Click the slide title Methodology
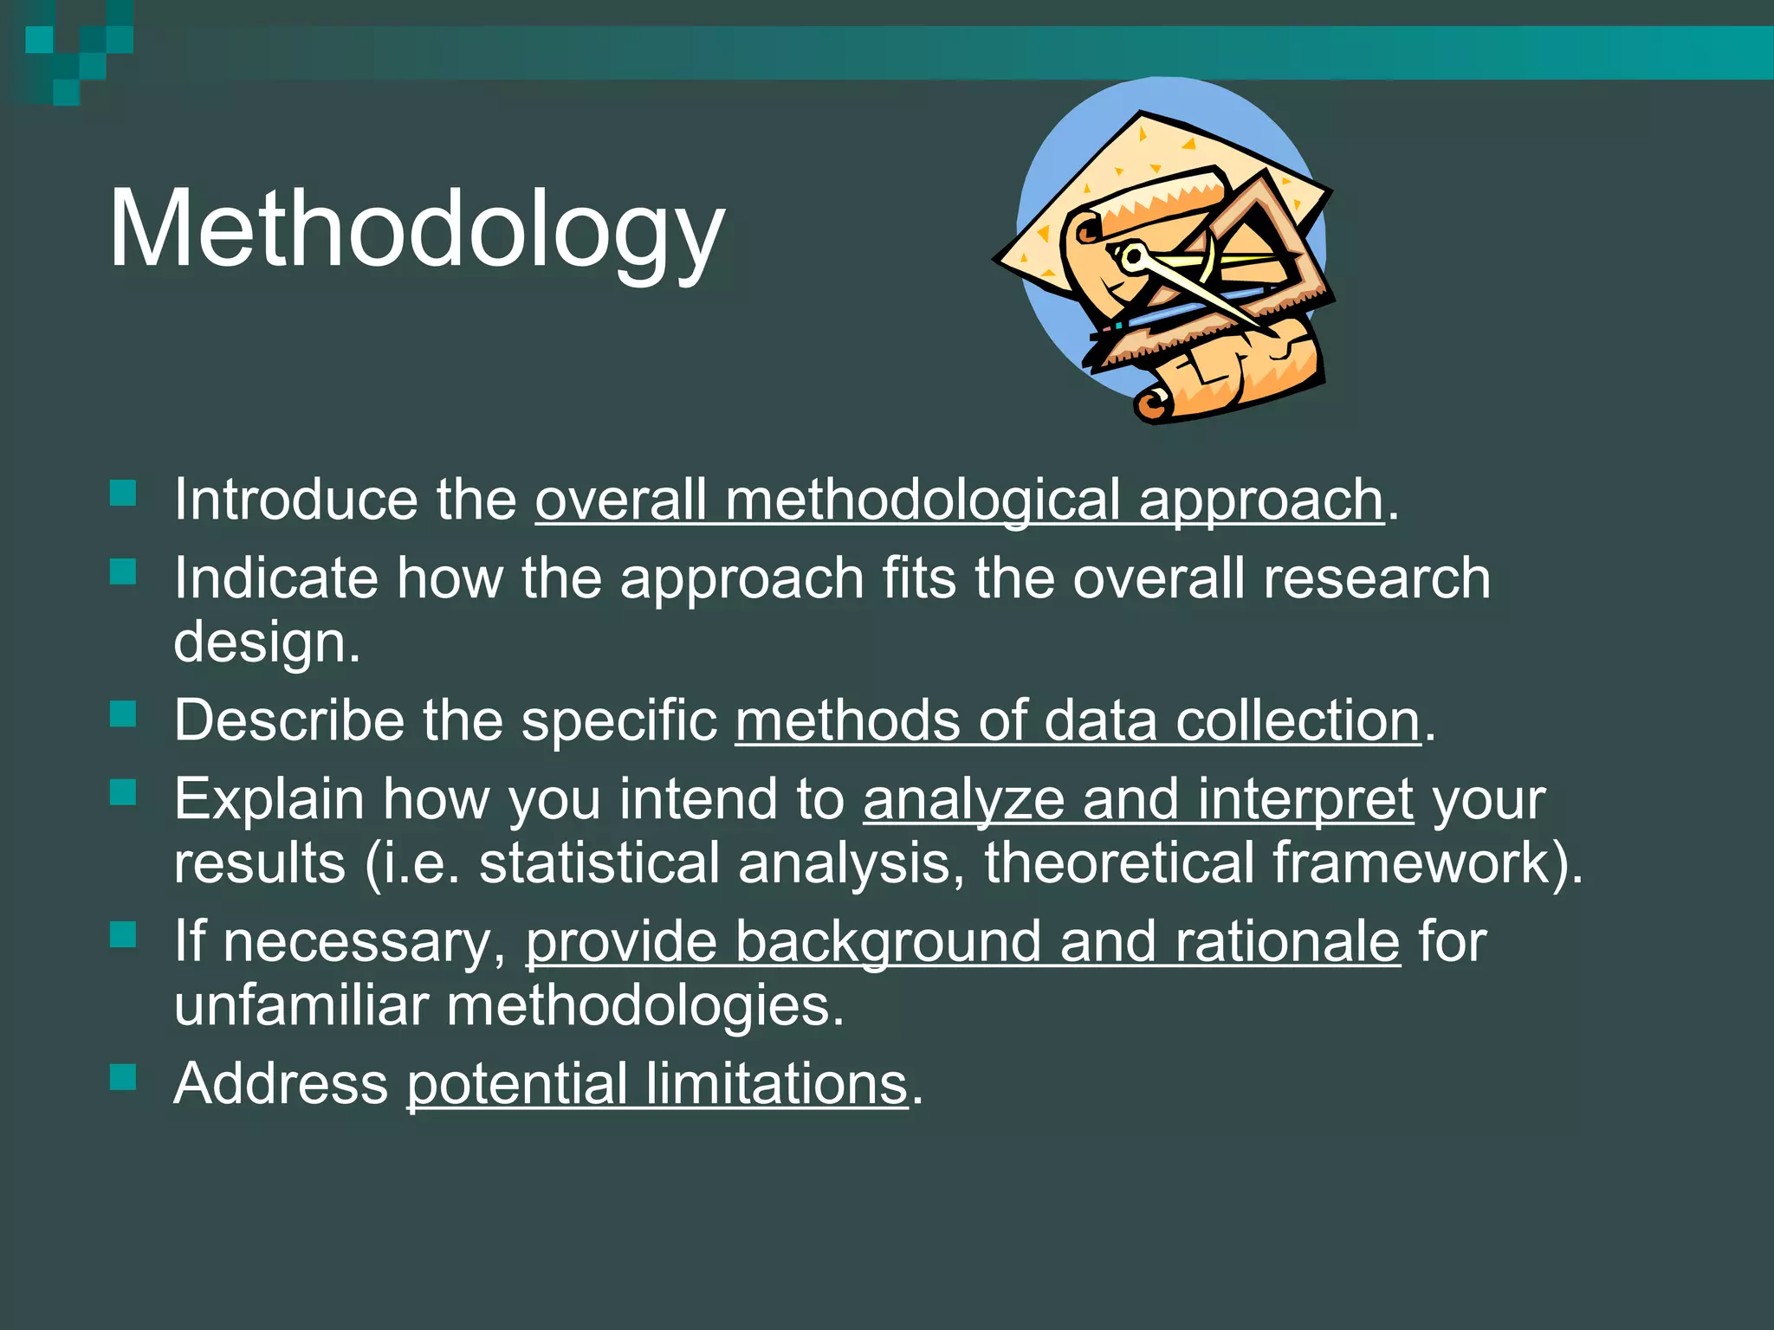416,229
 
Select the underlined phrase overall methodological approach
959,501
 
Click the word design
266,642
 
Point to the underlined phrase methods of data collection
1078,720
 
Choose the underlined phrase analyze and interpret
1138,798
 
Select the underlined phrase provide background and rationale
962,941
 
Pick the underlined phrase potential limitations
657,1084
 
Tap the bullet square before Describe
124,714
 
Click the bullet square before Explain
124,792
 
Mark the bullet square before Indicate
124,571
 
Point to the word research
1376,578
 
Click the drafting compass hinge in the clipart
1132,256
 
